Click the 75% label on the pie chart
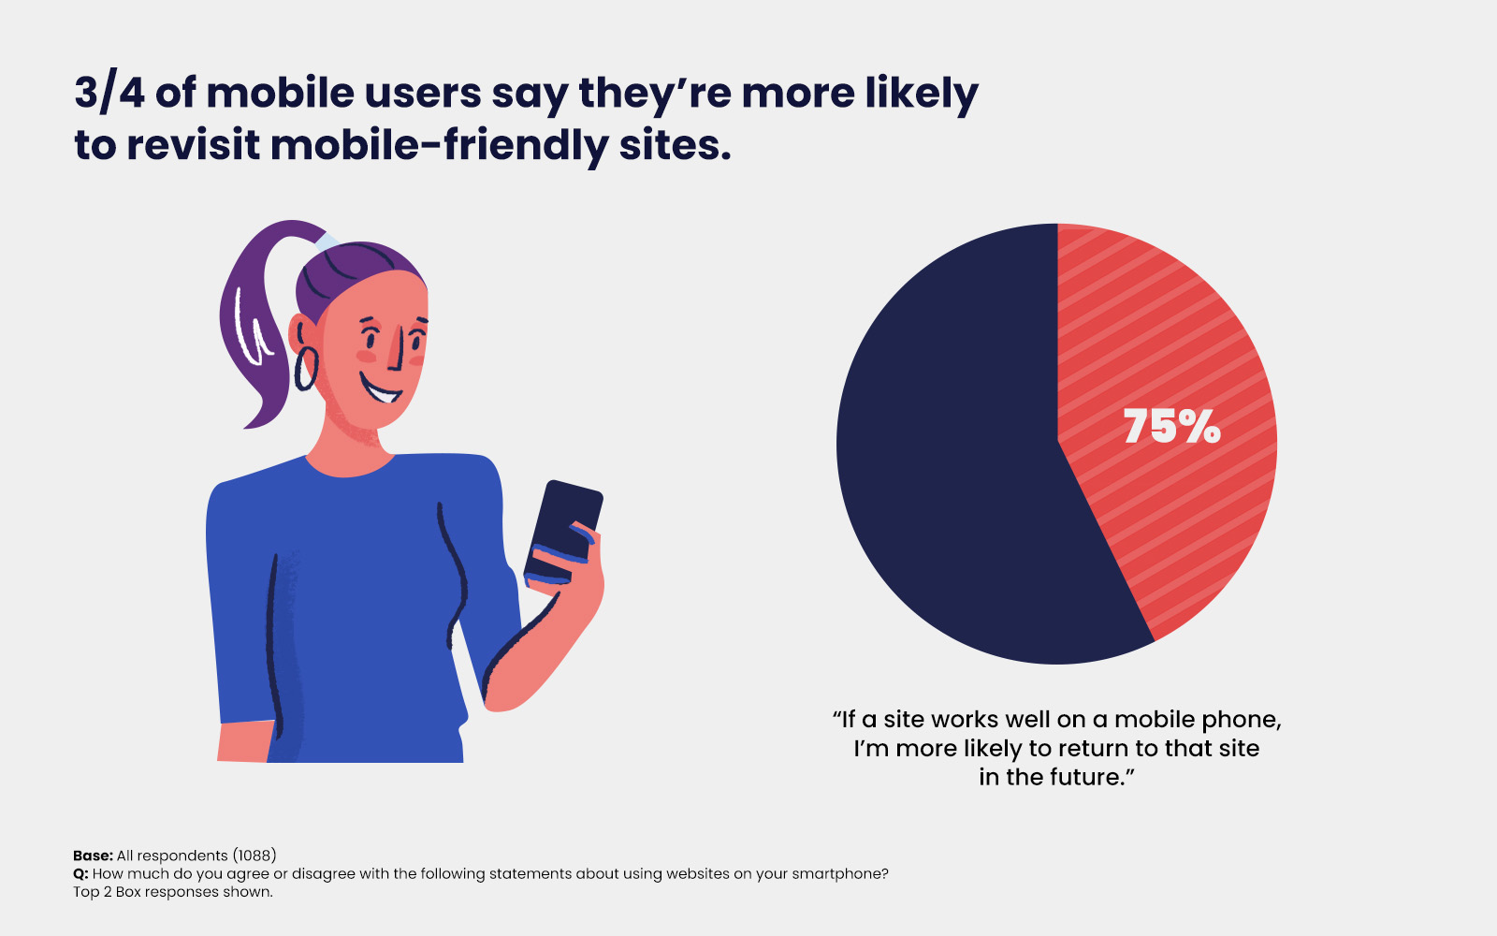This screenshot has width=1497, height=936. pos(1171,427)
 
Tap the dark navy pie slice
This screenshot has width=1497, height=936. pos(945,449)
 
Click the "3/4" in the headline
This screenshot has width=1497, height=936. pos(109,94)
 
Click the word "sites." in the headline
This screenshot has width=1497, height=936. pos(675,146)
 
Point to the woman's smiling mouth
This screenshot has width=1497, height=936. pos(381,388)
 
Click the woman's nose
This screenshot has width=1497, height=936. pos(398,351)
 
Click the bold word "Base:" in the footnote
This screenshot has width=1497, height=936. pos(93,856)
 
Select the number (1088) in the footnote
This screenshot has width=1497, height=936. pos(254,856)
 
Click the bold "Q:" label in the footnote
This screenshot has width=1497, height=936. pos(80,874)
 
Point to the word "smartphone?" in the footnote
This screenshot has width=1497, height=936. pos(839,874)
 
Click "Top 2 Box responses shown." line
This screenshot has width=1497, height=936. pos(173,892)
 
